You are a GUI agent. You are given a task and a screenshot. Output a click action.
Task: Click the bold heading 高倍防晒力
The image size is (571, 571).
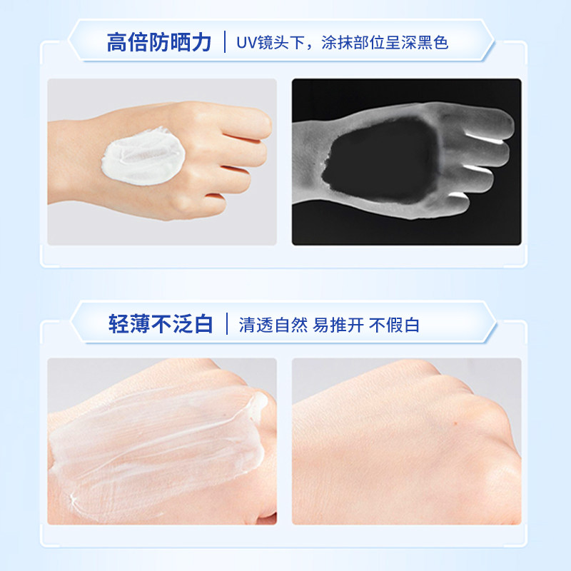pyautogui.click(x=160, y=43)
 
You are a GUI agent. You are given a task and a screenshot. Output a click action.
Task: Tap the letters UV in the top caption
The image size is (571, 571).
pyautogui.click(x=247, y=44)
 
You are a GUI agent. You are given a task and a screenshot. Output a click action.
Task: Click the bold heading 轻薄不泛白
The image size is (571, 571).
pyautogui.click(x=160, y=325)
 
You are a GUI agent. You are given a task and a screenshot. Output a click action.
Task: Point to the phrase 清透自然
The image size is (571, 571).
pyautogui.click(x=273, y=325)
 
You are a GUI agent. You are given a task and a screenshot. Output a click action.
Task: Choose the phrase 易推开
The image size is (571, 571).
pyautogui.click(x=339, y=325)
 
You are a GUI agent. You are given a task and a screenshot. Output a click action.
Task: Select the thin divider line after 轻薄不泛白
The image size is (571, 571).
pyautogui.click(x=226, y=325)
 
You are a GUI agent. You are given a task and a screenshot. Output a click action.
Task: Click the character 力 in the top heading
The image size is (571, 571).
pyautogui.click(x=203, y=43)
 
